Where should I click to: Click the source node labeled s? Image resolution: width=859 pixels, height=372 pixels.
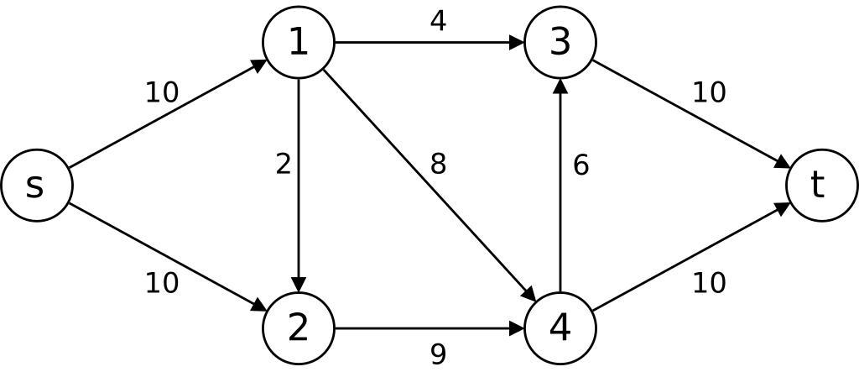point(36,186)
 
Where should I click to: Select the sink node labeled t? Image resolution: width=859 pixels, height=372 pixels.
point(821,186)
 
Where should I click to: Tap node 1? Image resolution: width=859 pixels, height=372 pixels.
point(299,42)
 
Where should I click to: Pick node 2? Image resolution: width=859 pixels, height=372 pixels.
point(299,328)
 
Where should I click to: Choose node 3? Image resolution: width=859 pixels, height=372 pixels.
point(560,42)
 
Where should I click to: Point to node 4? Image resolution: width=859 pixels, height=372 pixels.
point(560,328)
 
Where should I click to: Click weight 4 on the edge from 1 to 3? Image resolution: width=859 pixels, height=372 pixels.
point(438,21)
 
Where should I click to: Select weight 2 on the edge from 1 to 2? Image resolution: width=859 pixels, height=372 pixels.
point(284,165)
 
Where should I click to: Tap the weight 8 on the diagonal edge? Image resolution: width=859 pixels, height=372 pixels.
point(438,165)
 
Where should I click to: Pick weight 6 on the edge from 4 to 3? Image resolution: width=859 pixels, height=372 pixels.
point(580,165)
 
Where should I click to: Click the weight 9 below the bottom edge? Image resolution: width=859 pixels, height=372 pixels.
point(438,354)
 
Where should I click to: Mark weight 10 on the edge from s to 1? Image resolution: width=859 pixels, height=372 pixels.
point(162,92)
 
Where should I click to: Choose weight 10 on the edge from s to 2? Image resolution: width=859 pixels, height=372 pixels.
point(162,284)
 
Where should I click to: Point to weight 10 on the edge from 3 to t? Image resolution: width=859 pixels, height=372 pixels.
point(709,92)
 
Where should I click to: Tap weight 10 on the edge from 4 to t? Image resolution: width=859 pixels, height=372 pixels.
point(709,284)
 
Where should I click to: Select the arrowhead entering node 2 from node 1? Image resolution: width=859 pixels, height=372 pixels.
point(299,285)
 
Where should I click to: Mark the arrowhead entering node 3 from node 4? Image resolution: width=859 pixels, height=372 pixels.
point(560,86)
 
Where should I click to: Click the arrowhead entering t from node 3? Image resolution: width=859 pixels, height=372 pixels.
point(781,163)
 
